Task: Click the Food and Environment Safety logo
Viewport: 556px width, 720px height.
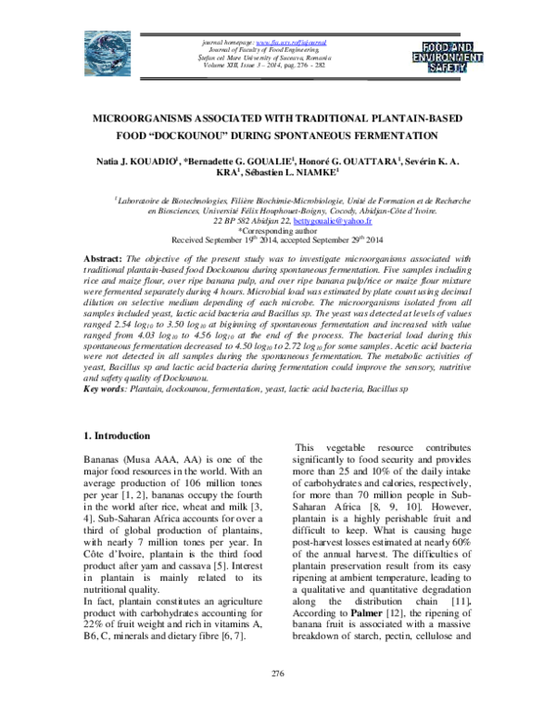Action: click(x=452, y=55)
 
